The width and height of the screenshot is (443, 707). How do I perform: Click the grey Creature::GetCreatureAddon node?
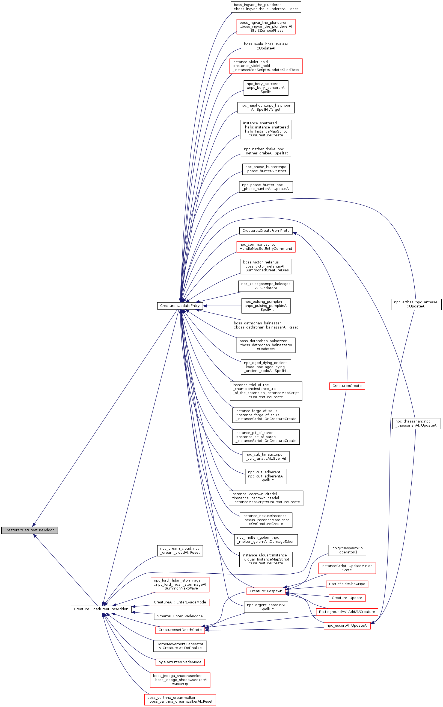click(x=29, y=530)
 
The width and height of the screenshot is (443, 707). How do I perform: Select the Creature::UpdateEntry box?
click(x=180, y=306)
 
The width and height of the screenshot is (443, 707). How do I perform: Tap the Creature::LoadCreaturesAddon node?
click(x=101, y=609)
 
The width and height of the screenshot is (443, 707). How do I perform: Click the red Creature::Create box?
click(x=347, y=386)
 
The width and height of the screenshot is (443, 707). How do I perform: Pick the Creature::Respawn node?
click(x=266, y=591)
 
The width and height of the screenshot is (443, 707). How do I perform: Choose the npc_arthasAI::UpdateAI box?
click(x=416, y=304)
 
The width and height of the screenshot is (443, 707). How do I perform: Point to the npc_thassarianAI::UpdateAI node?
click(x=416, y=423)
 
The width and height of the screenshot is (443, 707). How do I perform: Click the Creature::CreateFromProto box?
click(x=266, y=231)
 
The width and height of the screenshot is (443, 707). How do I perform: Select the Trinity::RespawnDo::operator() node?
click(x=347, y=550)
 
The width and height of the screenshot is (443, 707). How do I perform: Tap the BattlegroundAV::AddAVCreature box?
click(x=347, y=612)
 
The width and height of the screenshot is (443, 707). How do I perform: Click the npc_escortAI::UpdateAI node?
click(x=347, y=626)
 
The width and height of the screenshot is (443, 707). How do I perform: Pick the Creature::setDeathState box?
click(x=180, y=630)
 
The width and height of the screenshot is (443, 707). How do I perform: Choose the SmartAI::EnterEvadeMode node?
click(x=180, y=616)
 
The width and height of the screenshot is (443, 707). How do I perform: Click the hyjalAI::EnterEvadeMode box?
click(x=180, y=662)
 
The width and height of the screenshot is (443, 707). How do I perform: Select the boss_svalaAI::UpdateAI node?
click(x=266, y=46)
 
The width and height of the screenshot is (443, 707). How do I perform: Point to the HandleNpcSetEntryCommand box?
click(x=266, y=247)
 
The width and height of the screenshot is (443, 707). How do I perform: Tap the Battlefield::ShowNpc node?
click(x=347, y=584)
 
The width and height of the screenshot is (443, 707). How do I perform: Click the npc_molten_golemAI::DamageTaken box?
click(x=266, y=539)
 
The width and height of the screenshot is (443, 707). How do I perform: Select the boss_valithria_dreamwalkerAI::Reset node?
click(x=180, y=699)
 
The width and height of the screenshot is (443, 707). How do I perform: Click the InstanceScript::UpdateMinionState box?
click(x=347, y=568)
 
